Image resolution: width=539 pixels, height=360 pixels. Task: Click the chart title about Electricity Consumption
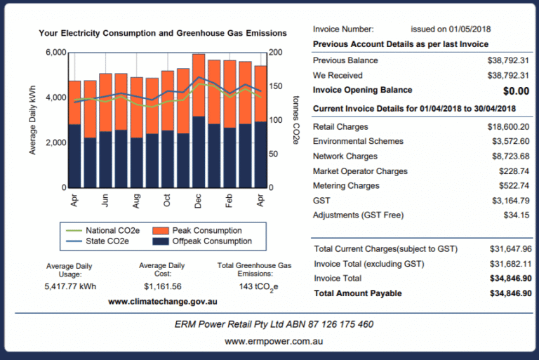pyautogui.click(x=162, y=33)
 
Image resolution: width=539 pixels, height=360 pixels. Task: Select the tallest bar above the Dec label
pyautogui.click(x=199, y=119)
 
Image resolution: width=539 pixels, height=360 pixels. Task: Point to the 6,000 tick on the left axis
pyautogui.click(x=55, y=53)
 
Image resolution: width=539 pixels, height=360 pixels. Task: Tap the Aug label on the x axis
pyautogui.click(x=136, y=201)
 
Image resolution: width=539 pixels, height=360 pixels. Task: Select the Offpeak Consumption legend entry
pyautogui.click(x=201, y=241)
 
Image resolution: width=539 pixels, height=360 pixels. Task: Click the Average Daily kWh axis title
pyautogui.click(x=33, y=119)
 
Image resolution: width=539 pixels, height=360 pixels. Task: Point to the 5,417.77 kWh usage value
pyautogui.click(x=69, y=286)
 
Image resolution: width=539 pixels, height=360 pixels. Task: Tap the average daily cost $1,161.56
pyautogui.click(x=162, y=286)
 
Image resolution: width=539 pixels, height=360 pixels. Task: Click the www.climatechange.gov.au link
pyautogui.click(x=162, y=301)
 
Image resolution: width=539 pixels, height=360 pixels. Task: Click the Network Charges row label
pyautogui.click(x=345, y=156)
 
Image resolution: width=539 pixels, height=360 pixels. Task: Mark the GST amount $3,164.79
pyautogui.click(x=512, y=201)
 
